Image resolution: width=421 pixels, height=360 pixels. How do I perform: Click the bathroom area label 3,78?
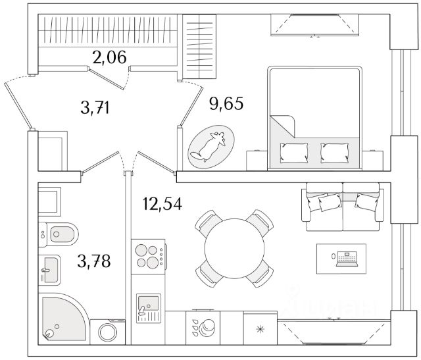coord(93,261)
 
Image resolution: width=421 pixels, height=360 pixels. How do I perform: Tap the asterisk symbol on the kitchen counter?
coord(259,327)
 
